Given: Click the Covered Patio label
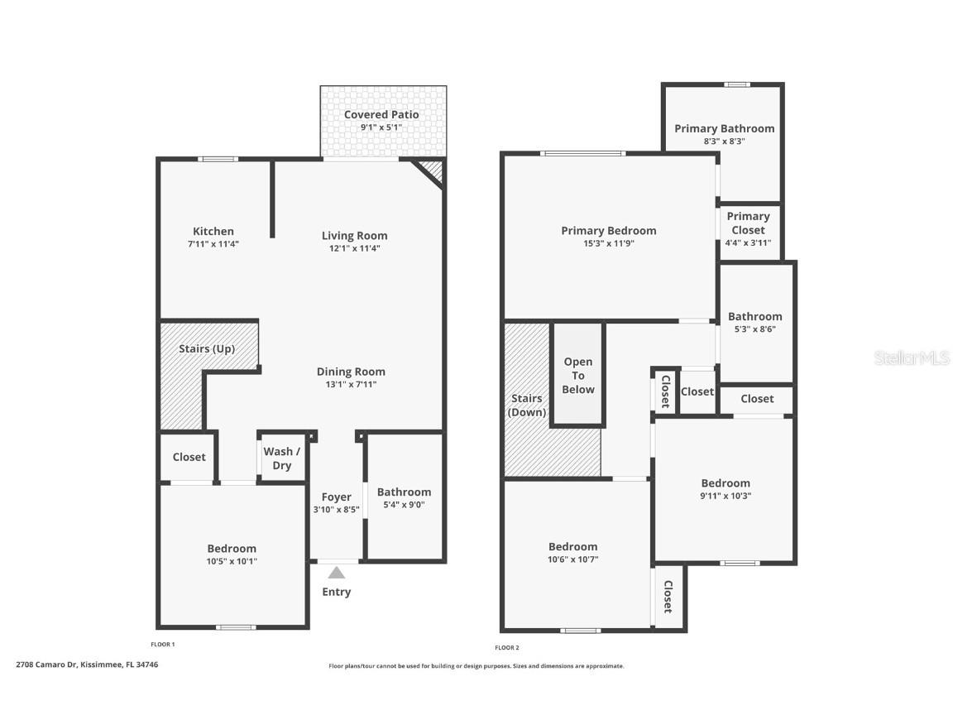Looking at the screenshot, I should (381, 114).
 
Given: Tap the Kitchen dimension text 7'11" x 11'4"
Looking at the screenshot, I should (213, 244).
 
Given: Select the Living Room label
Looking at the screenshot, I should (354, 236).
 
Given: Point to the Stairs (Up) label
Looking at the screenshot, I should (207, 348).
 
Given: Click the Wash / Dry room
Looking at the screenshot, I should (282, 458).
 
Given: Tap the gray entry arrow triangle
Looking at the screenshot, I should (336, 573).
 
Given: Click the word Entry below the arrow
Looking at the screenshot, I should (336, 592).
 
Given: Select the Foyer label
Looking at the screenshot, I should (336, 497).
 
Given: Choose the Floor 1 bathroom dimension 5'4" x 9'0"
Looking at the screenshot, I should (404, 505).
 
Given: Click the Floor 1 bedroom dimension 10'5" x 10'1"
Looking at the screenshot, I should (232, 561).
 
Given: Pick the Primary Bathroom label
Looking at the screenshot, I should (724, 128).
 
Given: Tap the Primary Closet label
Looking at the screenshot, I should (748, 223).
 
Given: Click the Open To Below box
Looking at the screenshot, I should (578, 375).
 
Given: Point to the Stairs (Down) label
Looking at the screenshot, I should (526, 405).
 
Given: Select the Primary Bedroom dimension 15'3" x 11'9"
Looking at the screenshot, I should (608, 244).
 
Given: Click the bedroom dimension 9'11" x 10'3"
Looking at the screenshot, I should (726, 497).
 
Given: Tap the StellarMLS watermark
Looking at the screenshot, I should (911, 357).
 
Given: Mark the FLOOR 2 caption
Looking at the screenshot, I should (507, 648).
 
